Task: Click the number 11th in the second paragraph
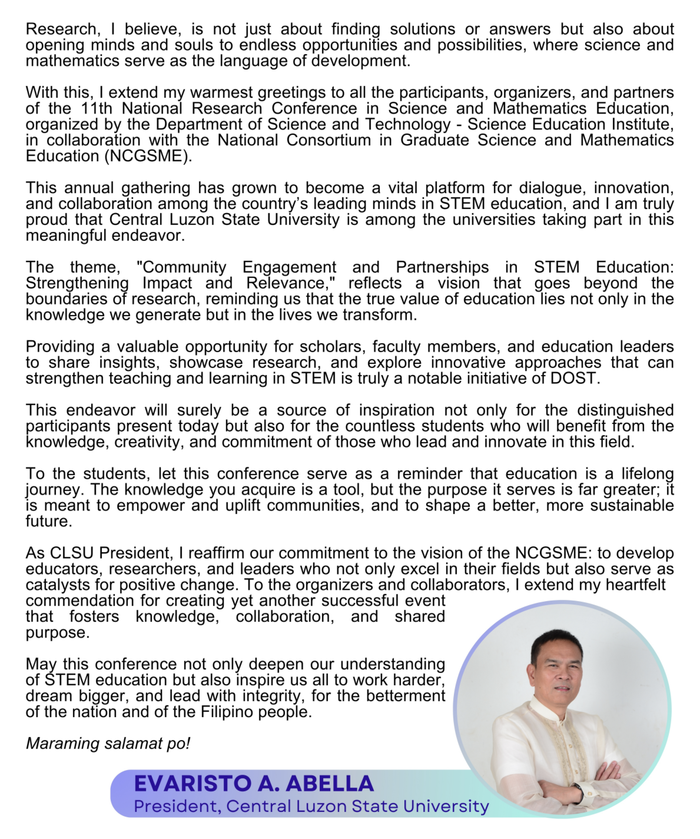click(x=96, y=108)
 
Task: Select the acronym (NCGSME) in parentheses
click(x=148, y=156)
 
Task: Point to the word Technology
click(x=407, y=124)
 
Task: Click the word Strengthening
click(x=77, y=283)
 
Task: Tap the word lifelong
click(x=647, y=474)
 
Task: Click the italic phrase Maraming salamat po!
click(x=108, y=744)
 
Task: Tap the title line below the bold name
click(x=311, y=806)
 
